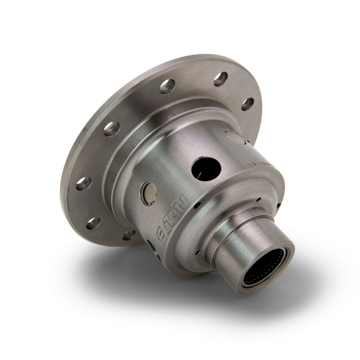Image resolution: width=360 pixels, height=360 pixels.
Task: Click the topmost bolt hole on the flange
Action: pyautogui.click(x=221, y=78)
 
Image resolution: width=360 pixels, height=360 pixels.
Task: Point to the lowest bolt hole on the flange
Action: pyautogui.click(x=129, y=235)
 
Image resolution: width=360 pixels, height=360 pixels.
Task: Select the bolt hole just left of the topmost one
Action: pyautogui.click(x=167, y=86)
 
